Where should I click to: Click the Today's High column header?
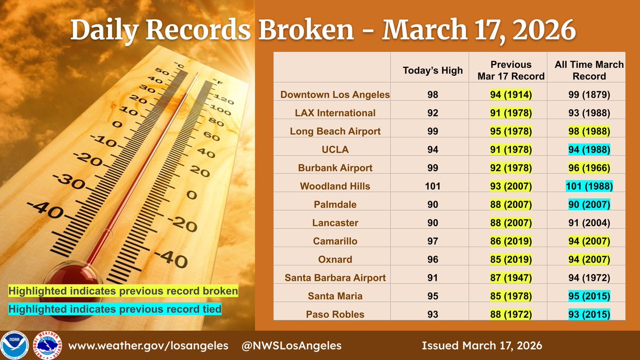[x=433, y=70]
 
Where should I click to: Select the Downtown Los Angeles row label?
[x=335, y=95]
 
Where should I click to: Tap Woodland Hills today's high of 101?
[x=433, y=186]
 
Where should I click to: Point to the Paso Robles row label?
[x=335, y=314]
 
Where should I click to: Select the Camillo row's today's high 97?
[x=433, y=241]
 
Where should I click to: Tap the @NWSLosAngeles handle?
[x=292, y=346]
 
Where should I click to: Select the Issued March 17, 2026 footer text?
[x=482, y=346]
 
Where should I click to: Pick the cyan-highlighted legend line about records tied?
[x=114, y=308]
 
